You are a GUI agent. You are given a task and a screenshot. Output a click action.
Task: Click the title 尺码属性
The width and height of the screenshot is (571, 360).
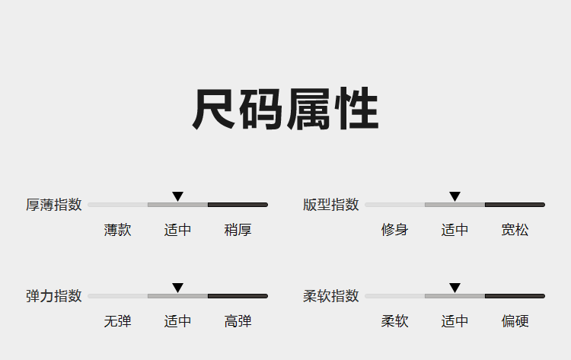(x=285, y=109)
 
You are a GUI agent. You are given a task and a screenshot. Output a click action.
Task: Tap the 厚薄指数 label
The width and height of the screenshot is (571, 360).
(x=54, y=205)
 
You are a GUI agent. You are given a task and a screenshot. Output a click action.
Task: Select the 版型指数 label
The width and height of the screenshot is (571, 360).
(x=331, y=205)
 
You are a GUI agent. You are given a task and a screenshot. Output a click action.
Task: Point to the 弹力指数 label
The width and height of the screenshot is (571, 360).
(x=54, y=296)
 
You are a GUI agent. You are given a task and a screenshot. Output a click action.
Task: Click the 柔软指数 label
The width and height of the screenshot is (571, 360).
(x=331, y=296)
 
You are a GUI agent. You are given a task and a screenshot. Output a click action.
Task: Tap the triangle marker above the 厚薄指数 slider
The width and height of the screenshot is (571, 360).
(x=177, y=196)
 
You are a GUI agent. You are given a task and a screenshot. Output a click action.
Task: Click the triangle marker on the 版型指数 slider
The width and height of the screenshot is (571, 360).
(x=455, y=196)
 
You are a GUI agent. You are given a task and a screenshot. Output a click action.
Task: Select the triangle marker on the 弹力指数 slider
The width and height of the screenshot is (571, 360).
(x=177, y=288)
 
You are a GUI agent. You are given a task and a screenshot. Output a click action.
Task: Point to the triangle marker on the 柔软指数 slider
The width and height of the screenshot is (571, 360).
(x=455, y=288)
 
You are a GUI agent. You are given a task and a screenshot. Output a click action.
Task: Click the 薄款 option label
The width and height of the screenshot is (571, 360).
(x=117, y=230)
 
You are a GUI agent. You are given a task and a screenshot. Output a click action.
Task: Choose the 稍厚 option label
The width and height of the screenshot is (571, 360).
(x=238, y=230)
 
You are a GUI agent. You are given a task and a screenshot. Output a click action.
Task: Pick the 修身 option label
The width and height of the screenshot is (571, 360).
(x=394, y=230)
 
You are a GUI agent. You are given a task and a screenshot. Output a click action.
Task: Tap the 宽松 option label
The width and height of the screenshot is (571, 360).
(x=515, y=230)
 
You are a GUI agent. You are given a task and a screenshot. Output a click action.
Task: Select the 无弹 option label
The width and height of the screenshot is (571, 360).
(x=117, y=321)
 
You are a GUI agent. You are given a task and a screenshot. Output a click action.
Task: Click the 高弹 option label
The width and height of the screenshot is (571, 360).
(x=238, y=321)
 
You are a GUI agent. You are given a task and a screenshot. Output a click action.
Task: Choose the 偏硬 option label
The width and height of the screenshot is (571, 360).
(x=515, y=321)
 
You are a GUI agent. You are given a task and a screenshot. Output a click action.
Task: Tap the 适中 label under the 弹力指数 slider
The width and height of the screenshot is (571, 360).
(x=177, y=321)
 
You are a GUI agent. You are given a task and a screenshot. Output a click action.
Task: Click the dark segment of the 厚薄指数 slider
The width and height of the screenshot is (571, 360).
(x=238, y=205)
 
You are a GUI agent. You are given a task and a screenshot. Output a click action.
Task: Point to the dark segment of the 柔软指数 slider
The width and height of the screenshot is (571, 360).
(x=515, y=296)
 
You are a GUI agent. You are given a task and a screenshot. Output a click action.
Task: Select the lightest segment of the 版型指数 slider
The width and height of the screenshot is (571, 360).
(x=394, y=205)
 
